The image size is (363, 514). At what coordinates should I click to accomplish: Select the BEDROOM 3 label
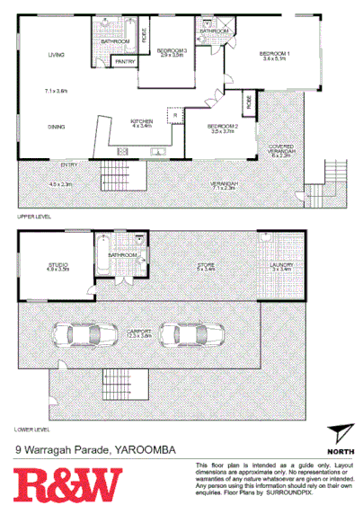tap(171, 50)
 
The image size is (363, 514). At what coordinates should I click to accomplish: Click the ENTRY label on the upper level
tap(68, 164)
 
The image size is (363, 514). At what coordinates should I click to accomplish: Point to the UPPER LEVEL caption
tap(34, 217)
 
